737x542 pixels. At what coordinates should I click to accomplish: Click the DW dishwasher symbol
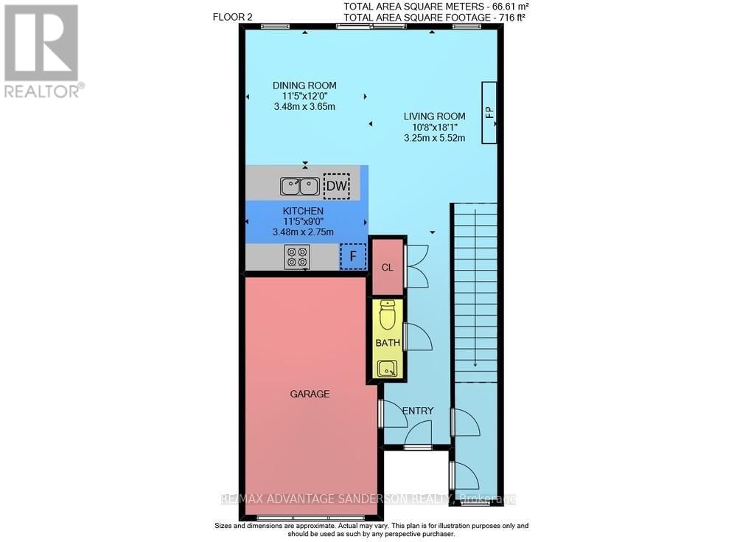[x=337, y=187]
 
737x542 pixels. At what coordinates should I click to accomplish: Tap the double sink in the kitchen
[x=299, y=187]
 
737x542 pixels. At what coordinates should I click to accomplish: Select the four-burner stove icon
[x=298, y=257]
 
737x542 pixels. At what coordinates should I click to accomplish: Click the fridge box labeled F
[x=353, y=257]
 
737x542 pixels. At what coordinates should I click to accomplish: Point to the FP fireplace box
[x=488, y=113]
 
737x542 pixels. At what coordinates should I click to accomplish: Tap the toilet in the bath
[x=387, y=315]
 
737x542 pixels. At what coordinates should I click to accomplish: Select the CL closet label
[x=387, y=267]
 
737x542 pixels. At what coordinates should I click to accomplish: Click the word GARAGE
[x=310, y=394]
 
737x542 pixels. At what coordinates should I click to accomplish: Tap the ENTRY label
[x=418, y=411]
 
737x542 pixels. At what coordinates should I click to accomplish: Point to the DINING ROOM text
[x=304, y=86]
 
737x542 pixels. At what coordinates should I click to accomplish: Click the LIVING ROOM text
[x=434, y=116]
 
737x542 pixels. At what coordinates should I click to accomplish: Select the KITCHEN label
[x=302, y=211]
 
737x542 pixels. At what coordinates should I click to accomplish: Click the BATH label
[x=387, y=343]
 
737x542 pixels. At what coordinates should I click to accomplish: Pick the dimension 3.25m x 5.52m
[x=434, y=137]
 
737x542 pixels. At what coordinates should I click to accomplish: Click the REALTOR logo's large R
[x=41, y=43]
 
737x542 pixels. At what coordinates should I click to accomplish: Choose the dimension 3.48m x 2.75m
[x=303, y=232]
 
